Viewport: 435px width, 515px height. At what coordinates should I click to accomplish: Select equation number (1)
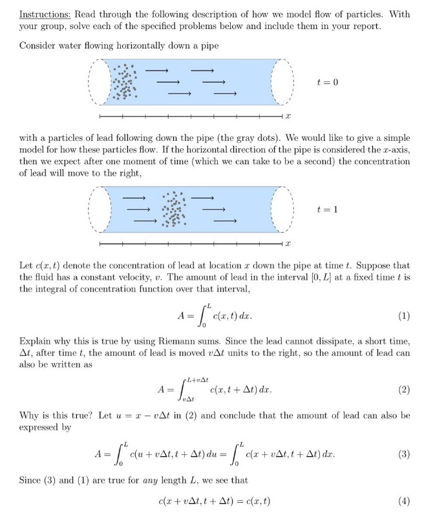pyautogui.click(x=403, y=317)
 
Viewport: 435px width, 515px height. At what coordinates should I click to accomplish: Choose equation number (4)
pyautogui.click(x=403, y=501)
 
